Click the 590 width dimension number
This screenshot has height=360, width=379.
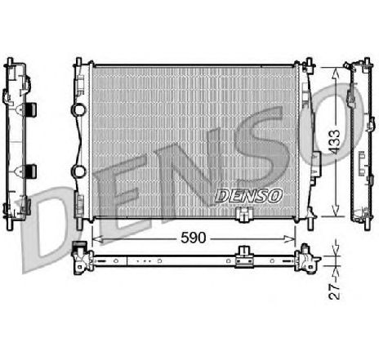pyautogui.click(x=194, y=238)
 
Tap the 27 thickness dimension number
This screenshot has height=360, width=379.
pyautogui.click(x=334, y=291)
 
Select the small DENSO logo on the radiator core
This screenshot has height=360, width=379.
pyautogui.click(x=248, y=196)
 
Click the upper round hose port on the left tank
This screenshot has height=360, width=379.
pyautogui.click(x=78, y=109)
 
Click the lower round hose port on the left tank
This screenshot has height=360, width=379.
pyautogui.click(x=78, y=171)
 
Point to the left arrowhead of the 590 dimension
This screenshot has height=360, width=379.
pyautogui.click(x=97, y=239)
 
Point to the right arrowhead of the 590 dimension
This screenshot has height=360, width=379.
pyautogui.click(x=290, y=239)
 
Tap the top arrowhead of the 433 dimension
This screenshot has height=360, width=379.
pyautogui.click(x=336, y=73)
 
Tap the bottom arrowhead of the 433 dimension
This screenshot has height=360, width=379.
pyautogui.click(x=336, y=211)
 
